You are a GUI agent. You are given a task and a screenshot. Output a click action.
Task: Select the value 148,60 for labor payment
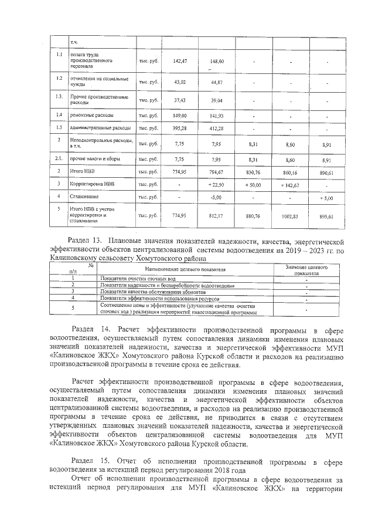pyautogui.click(x=216, y=61)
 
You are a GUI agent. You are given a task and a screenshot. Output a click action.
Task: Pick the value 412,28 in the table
pyautogui.click(x=216, y=128)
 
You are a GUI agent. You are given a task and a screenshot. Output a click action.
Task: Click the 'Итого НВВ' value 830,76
pyautogui.click(x=253, y=173)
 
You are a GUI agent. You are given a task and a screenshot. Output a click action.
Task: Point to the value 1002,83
pyautogui.click(x=289, y=216)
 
